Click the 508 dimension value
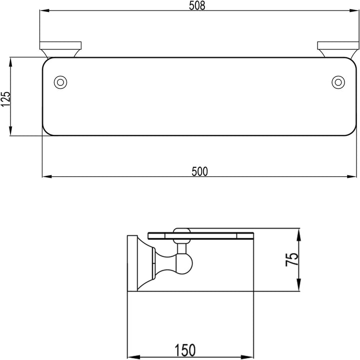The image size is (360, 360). tap(197, 5)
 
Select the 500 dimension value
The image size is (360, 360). tap(199, 171)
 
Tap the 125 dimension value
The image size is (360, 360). tap(5, 99)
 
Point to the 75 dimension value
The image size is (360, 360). tap(291, 260)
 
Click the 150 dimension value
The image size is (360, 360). tap(185, 350)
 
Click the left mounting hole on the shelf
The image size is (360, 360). tap(60, 82)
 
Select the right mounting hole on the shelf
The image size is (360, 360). tap(338, 82)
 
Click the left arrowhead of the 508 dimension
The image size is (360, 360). tap(44, 10)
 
